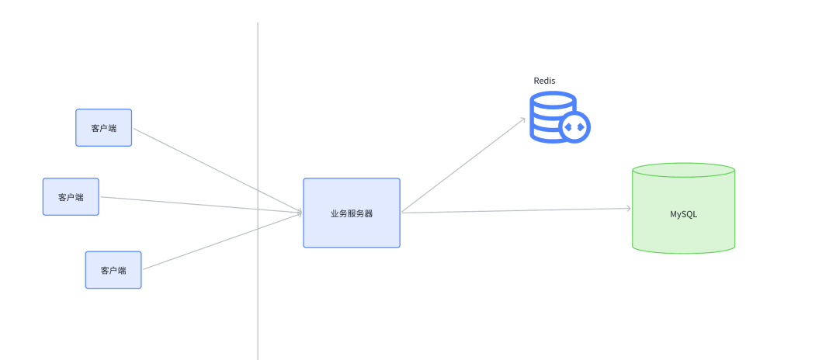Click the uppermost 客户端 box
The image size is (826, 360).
(x=103, y=127)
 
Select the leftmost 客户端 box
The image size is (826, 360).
(x=71, y=197)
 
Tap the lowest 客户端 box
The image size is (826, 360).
(x=113, y=270)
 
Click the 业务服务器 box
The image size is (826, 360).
(x=351, y=213)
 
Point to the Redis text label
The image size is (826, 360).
(x=544, y=81)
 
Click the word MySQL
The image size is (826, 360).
(x=683, y=213)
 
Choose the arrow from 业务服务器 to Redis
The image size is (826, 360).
(x=466, y=164)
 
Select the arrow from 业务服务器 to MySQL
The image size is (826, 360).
(x=512, y=210)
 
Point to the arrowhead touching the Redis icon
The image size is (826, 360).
(x=522, y=121)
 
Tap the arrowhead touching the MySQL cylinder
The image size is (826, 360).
(x=627, y=208)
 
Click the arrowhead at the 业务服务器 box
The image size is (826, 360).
(x=299, y=212)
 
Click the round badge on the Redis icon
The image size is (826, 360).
(x=575, y=126)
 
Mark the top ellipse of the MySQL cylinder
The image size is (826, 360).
(x=683, y=170)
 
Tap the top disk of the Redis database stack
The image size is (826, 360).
(x=553, y=100)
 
